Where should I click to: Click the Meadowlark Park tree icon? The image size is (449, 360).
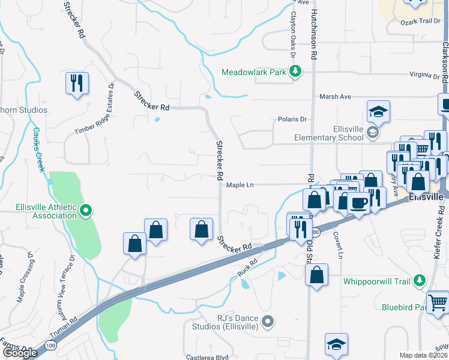pos(295,72)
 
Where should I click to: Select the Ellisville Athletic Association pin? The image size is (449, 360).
pos(85,210)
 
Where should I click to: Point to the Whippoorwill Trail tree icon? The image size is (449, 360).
pos(420,281)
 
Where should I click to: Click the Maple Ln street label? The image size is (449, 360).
pos(240,185)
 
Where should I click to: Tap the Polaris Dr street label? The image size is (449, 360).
pos(292,119)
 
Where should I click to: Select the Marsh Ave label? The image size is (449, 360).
pos(335,97)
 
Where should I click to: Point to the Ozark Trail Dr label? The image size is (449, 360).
pos(420,22)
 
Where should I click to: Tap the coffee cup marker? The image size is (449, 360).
pos(359,203)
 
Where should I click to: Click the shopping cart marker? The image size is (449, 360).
pos(438,301)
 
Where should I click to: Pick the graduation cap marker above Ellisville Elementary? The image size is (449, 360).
pos(378,111)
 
